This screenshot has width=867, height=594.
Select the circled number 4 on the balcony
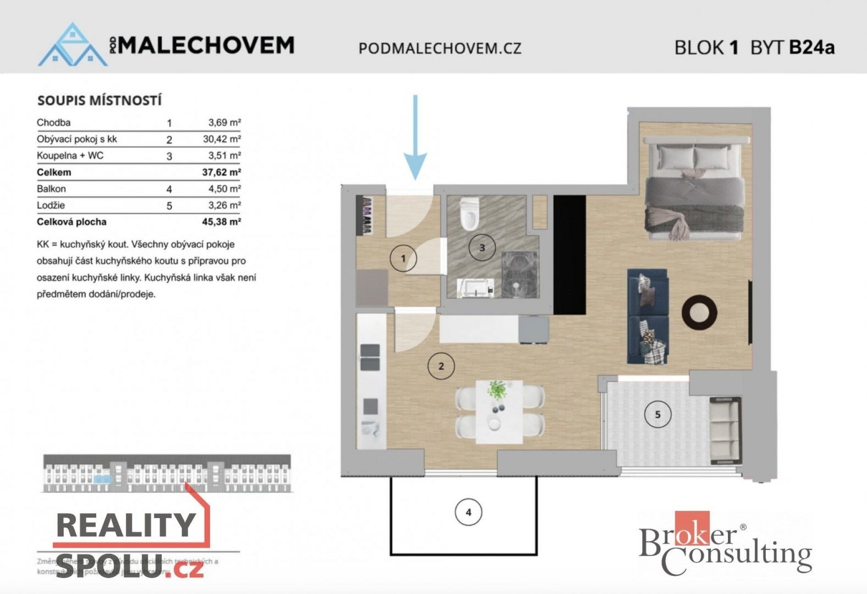[468, 512]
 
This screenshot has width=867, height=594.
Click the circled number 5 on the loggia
[657, 414]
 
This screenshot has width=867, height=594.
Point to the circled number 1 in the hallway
[403, 258]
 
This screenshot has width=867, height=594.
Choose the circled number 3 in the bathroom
[482, 248]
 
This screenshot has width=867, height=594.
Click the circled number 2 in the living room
[441, 366]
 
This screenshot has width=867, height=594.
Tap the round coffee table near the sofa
[699, 312]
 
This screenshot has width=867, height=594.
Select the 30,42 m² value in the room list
[221, 139]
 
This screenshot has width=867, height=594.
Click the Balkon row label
[51, 189]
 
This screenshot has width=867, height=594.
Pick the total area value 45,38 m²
[221, 222]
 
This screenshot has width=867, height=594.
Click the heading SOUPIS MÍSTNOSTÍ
[99, 100]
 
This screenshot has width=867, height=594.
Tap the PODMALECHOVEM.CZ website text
[440, 48]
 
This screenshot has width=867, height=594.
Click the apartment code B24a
[811, 47]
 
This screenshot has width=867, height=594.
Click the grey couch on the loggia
[725, 431]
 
